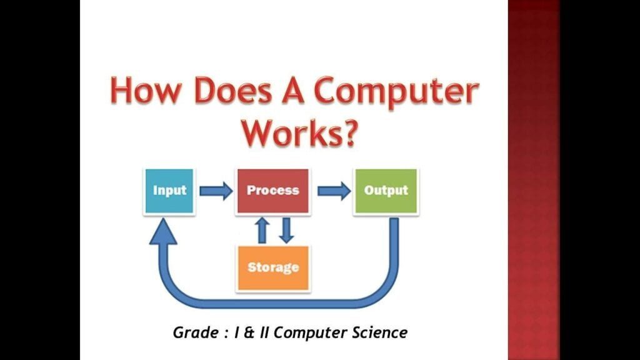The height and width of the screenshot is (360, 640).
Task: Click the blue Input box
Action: point(169,191)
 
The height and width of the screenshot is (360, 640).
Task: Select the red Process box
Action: point(273,191)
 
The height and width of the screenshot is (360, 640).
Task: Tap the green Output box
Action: point(386,191)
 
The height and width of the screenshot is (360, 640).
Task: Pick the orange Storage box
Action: point(273,268)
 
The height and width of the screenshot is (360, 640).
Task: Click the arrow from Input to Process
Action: point(216,191)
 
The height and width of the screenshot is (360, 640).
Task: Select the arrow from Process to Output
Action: point(334,191)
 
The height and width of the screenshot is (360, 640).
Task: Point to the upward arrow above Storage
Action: point(262,230)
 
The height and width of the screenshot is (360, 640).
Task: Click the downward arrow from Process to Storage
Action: point(286,230)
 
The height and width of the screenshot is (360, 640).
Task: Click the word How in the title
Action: point(145,90)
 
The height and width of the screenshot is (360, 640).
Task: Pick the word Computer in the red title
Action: point(396,93)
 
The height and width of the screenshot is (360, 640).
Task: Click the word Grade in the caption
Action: point(196,332)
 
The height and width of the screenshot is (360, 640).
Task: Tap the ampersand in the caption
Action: point(248,332)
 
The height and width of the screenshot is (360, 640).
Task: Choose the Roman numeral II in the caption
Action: point(264,332)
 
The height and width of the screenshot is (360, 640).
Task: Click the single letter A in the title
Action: point(292,90)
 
